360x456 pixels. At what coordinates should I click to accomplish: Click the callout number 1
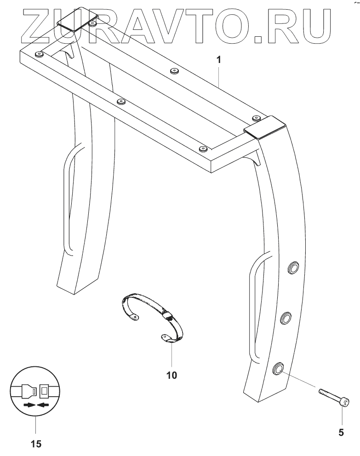coord(220,60)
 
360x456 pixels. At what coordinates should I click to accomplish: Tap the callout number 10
coord(171,375)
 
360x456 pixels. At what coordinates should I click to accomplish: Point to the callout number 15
coord(35,444)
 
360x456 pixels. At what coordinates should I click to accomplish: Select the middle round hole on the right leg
coord(286,318)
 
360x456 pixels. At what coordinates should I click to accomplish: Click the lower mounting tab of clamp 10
coord(166,338)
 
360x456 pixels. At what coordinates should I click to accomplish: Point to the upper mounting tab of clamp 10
coord(133,317)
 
